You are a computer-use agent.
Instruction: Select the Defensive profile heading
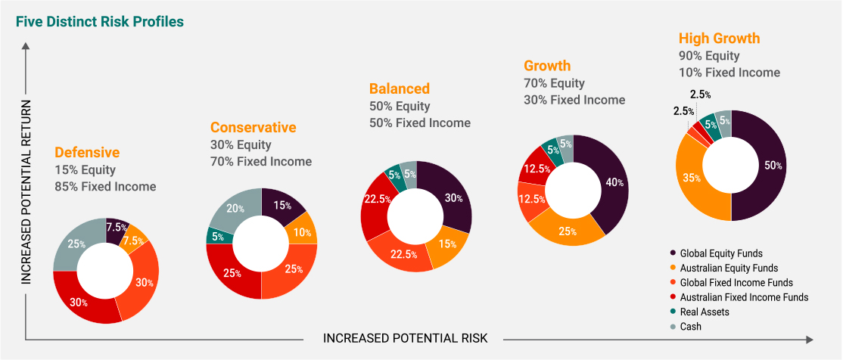tap(87, 152)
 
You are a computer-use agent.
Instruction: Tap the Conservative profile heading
tap(253, 127)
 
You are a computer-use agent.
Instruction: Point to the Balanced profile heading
tap(400, 88)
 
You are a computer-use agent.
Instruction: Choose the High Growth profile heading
tap(719, 39)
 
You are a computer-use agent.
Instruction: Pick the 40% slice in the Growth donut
tap(614, 182)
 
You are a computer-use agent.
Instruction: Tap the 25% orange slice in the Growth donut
tap(568, 230)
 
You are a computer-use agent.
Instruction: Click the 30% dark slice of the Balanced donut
tap(453, 197)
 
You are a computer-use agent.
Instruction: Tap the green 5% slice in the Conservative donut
tap(217, 235)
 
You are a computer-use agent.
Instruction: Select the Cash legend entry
tap(690, 327)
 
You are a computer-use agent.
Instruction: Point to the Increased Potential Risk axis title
tap(406, 337)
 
